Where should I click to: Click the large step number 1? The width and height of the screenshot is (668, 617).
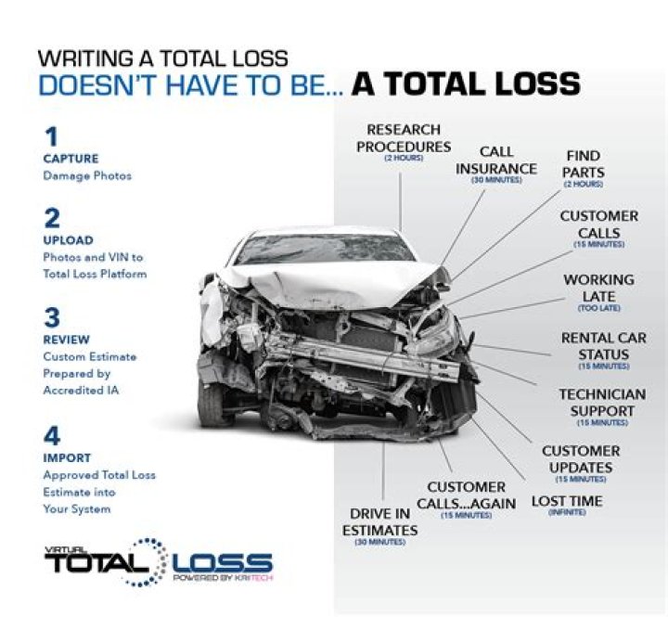[x=51, y=136]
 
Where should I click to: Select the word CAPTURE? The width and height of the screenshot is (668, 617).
[x=71, y=159]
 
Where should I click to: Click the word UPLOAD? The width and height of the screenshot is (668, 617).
[x=68, y=240]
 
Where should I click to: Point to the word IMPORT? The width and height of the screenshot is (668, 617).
[x=67, y=457]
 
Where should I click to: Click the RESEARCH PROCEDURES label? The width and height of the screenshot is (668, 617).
[x=404, y=138]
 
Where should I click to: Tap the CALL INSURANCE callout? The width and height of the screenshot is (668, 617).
[x=496, y=161]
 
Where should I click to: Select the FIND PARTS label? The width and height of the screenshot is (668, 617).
[x=583, y=164]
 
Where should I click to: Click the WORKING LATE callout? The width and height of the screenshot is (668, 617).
[x=598, y=287]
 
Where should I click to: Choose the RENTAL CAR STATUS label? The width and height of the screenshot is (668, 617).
[x=604, y=345]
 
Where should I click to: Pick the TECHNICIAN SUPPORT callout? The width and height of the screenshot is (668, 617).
[x=602, y=402]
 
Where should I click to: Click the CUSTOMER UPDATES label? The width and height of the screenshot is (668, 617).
[x=581, y=458]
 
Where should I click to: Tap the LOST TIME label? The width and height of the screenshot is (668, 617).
[x=567, y=501]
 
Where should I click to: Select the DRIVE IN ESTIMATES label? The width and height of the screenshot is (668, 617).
[x=383, y=521]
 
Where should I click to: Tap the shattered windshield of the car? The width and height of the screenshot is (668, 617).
[x=325, y=248]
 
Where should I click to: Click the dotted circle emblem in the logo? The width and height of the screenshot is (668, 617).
[x=148, y=560]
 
